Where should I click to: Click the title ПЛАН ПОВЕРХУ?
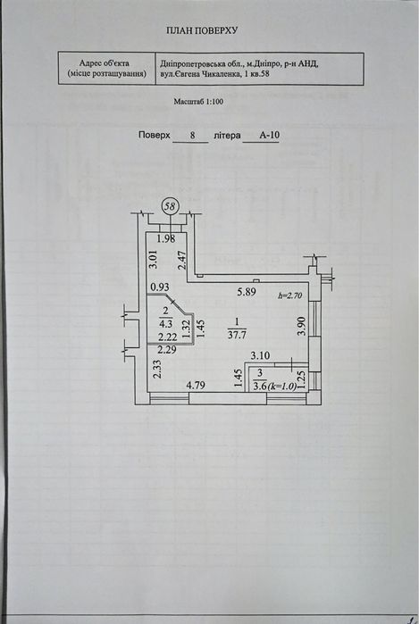202,30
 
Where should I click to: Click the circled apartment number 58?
170,206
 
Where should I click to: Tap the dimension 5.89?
247,292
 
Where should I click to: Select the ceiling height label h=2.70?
290,295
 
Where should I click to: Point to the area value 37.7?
237,335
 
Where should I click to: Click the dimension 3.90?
301,327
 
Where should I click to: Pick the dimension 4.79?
196,386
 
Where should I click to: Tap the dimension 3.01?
154,259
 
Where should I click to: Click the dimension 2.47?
182,261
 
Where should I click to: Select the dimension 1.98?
166,238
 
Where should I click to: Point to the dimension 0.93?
160,287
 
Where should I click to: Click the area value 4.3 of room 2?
165,323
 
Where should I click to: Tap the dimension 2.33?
158,369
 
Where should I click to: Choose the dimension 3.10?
260,355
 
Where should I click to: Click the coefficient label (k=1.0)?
282,386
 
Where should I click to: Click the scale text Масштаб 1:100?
198,102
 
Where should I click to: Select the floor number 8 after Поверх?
192,136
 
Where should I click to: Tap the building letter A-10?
269,135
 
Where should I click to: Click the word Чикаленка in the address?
221,73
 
